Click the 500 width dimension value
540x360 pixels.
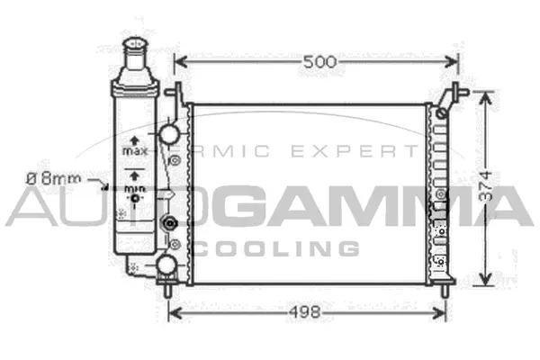(319, 62)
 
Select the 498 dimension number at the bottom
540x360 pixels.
(307, 312)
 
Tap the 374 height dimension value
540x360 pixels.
(485, 186)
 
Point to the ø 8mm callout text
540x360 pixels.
(50, 179)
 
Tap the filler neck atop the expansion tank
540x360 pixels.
(134, 53)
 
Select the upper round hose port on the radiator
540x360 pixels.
(167, 136)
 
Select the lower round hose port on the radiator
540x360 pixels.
(167, 264)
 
